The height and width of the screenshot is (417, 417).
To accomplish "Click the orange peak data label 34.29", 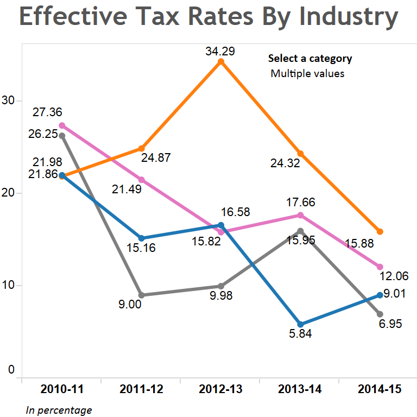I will pyautogui.click(x=220, y=52).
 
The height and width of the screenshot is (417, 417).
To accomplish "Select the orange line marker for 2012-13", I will pyautogui.click(x=220, y=62).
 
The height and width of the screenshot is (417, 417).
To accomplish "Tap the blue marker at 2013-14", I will pyautogui.click(x=300, y=324).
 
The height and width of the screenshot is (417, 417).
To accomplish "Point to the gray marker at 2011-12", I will pyautogui.click(x=141, y=295).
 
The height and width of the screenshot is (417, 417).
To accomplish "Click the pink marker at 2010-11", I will pyautogui.click(x=62, y=125).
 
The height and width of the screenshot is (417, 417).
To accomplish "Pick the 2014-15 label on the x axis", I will pyautogui.click(x=380, y=389).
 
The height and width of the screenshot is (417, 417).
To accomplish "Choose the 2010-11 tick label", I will pyautogui.click(x=62, y=389).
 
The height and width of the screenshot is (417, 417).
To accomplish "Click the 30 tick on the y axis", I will pyautogui.click(x=9, y=101).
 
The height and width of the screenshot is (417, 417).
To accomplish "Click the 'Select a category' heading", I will pyautogui.click(x=310, y=59).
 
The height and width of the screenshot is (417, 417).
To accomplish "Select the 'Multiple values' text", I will pyautogui.click(x=307, y=73).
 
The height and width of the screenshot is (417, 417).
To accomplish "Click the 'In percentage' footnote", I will pyautogui.click(x=59, y=410).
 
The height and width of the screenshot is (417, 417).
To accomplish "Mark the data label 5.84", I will pyautogui.click(x=300, y=334).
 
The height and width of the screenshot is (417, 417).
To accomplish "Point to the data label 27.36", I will pyautogui.click(x=47, y=112).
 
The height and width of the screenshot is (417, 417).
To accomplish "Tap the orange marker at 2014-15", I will pyautogui.click(x=380, y=232).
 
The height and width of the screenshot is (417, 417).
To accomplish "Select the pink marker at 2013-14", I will pyautogui.click(x=300, y=216).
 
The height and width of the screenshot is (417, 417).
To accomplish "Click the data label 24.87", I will pyautogui.click(x=156, y=158).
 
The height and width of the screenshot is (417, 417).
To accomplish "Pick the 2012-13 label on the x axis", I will pyautogui.click(x=220, y=389).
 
